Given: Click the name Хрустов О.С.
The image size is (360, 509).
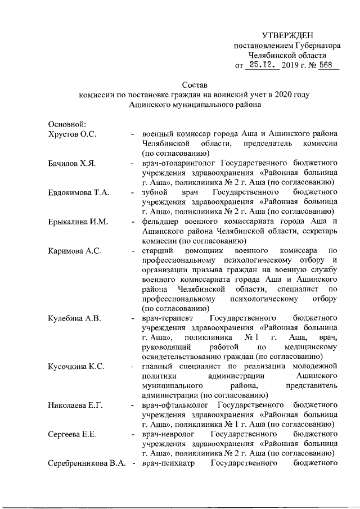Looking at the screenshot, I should [x=73, y=133].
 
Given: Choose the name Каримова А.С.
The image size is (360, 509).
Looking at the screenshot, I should [x=75, y=250].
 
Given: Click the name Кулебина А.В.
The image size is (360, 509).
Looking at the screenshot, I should [x=75, y=319].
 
